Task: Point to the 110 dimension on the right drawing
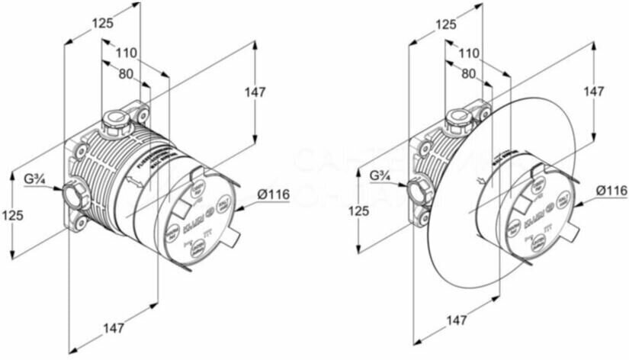[x=470, y=53]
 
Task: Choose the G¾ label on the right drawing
[x=381, y=177]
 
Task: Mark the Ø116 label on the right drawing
[x=611, y=191]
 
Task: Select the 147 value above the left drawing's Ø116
[x=255, y=92]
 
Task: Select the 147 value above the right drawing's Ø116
[x=593, y=91]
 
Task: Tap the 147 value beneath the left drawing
[x=113, y=329]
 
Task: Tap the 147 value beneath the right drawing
[x=457, y=321]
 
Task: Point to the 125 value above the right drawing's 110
[x=447, y=25]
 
